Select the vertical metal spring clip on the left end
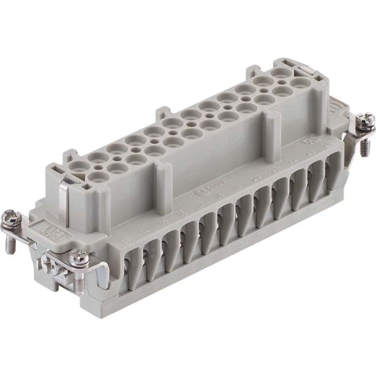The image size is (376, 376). tap(64, 200)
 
